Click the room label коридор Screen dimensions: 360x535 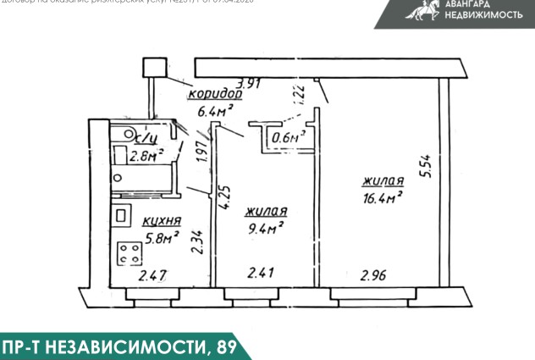[215, 95]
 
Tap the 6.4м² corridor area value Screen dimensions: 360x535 [215, 111]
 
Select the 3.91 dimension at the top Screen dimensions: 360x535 [250, 83]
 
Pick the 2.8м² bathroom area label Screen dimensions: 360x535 [145, 156]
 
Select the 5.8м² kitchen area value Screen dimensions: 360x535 [160, 239]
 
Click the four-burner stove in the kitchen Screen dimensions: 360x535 [130, 252]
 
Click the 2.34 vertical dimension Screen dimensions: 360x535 [196, 243]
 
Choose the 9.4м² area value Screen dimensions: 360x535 [264, 227]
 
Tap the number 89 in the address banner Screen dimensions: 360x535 [223, 347]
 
